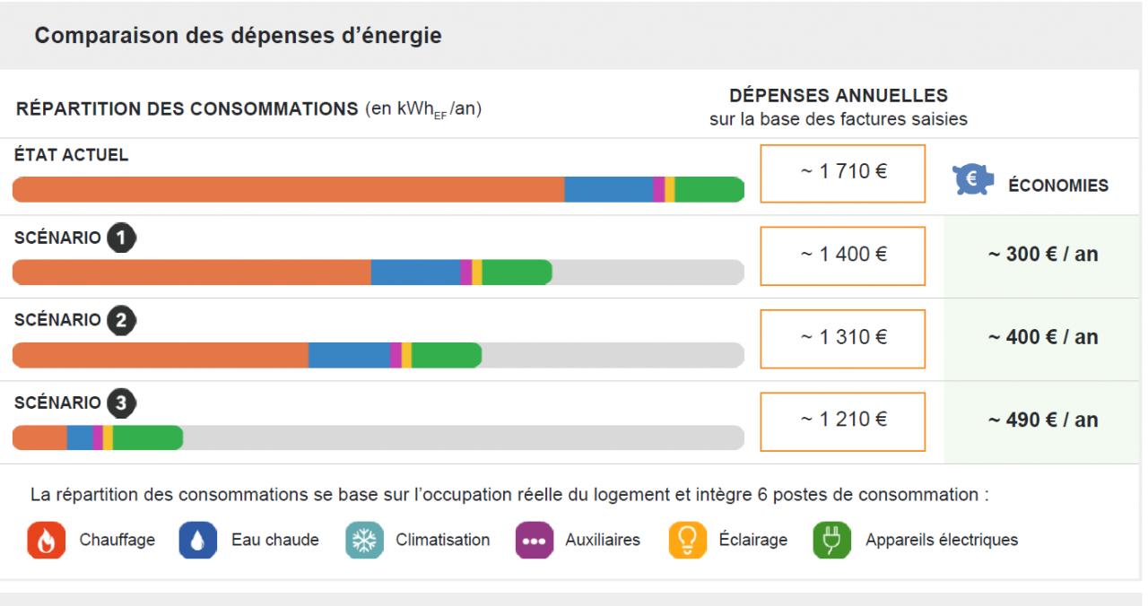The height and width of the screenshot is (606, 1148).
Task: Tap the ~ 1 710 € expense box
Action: click(842, 172)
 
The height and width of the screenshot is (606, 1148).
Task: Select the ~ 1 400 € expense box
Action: click(842, 255)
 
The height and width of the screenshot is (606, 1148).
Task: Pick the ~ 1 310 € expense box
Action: click(842, 338)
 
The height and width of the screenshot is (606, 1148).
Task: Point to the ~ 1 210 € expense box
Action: click(842, 420)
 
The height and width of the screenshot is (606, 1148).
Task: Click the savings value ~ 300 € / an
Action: click(1043, 255)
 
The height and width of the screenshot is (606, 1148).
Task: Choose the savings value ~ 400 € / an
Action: click(1043, 338)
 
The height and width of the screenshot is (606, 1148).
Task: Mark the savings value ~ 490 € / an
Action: click(1043, 420)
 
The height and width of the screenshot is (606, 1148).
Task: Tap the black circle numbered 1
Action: click(121, 238)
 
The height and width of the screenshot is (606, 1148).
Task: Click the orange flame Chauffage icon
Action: click(43, 541)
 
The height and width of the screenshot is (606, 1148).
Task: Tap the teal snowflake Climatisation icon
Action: click(361, 541)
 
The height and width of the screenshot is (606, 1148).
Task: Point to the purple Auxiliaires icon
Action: click(532, 541)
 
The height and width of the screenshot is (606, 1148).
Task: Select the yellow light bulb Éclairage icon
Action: click(685, 541)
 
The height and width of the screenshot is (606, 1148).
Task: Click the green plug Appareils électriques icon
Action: click(830, 541)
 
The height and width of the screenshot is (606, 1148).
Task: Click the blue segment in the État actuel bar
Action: click(608, 190)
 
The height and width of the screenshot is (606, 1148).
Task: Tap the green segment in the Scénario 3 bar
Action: click(147, 437)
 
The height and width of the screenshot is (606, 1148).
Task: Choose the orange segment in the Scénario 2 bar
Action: click(161, 355)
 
